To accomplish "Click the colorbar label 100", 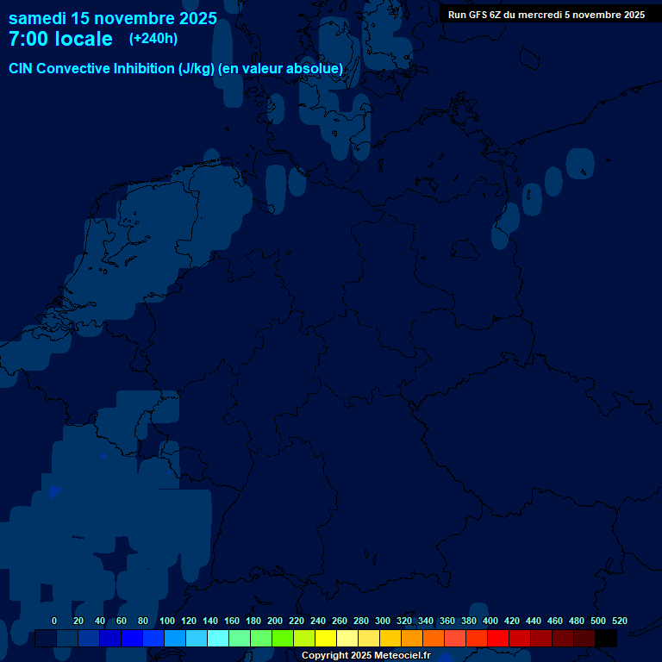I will coord(167,621).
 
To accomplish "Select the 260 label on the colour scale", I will coord(340,621).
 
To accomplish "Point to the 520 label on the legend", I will coord(619,621).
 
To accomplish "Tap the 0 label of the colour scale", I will coord(54,621).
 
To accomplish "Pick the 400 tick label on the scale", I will coord(490,621).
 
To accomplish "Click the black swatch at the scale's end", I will coord(606,639).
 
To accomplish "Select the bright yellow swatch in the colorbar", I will coord(326,639).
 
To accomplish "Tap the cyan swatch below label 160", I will coord(218,639).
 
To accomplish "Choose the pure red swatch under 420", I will coord(498,639).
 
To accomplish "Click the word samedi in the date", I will coord(37,18).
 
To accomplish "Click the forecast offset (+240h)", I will coord(153,39).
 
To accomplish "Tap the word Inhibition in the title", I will coord(143,68).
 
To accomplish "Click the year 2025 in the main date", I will coord(197,18).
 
